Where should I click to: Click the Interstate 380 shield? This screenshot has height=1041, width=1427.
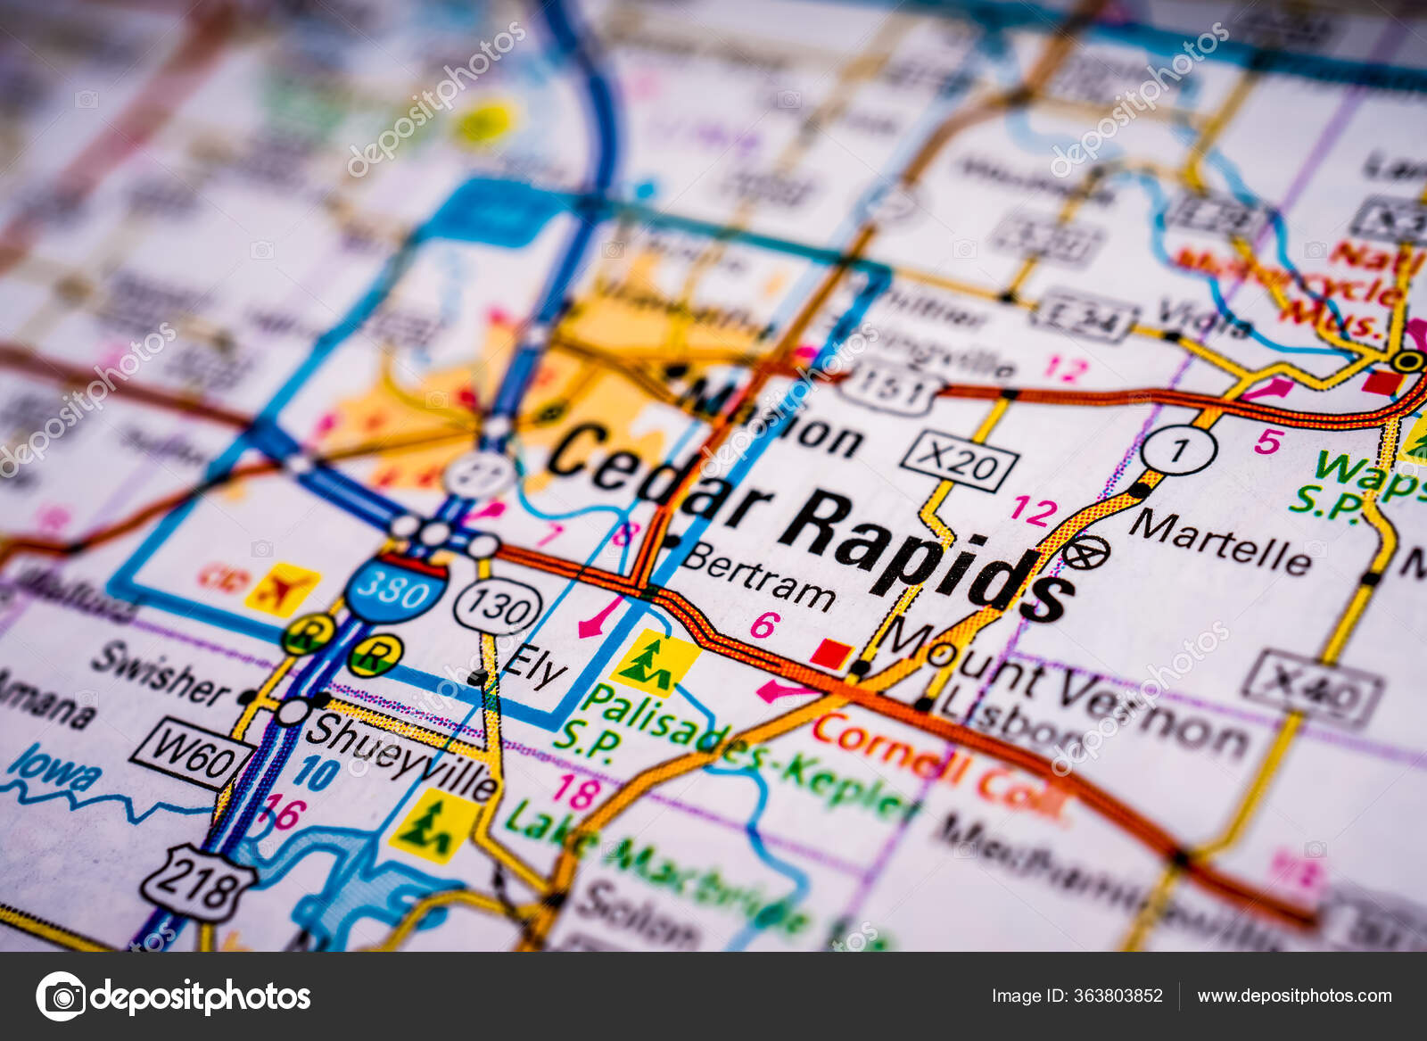[x=396, y=589]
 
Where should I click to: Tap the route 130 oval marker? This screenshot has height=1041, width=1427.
[x=498, y=608]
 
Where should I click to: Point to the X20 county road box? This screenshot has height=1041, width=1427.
[x=960, y=462]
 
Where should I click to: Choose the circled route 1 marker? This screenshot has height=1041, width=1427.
[x=1178, y=450]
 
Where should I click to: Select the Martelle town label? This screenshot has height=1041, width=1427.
[x=1220, y=541]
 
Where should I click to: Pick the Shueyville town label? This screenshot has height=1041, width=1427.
[x=400, y=756]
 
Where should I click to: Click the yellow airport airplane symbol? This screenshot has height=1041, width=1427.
[x=282, y=589]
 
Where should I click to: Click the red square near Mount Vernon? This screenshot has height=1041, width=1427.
[x=830, y=654]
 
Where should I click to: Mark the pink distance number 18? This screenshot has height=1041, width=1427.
[x=575, y=791]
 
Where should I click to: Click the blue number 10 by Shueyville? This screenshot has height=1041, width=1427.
[x=316, y=772]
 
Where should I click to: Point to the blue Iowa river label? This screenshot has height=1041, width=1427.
[x=54, y=769]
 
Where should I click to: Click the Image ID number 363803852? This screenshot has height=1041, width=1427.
[x=1120, y=996]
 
